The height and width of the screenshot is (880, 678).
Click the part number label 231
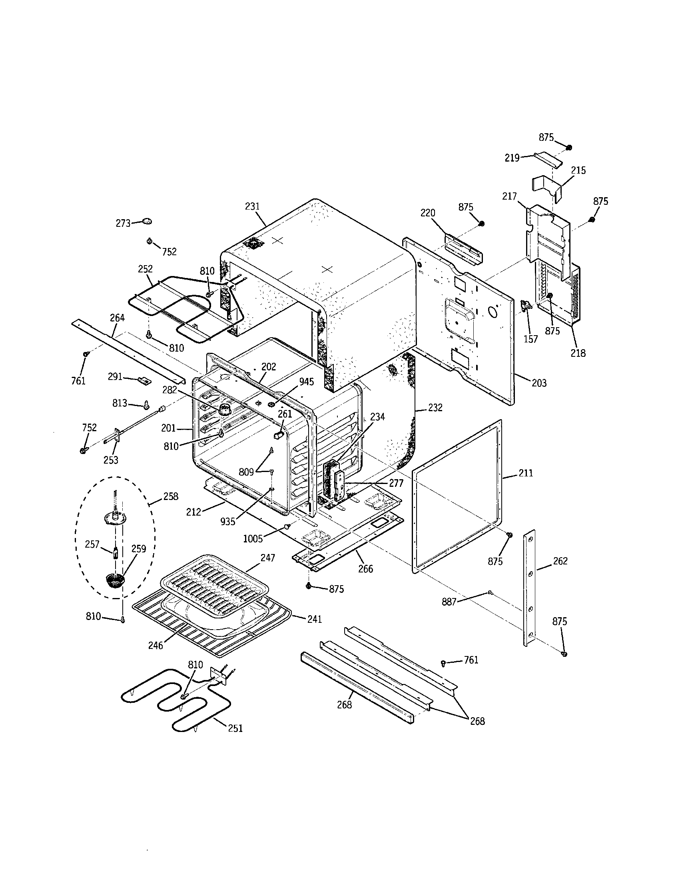click(252, 206)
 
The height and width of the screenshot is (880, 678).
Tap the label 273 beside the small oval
click(123, 223)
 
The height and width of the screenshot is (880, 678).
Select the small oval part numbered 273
click(148, 221)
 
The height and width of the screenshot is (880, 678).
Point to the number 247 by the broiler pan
click(267, 558)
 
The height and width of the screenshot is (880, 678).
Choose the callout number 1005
click(253, 538)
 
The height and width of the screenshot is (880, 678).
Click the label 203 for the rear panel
click(539, 383)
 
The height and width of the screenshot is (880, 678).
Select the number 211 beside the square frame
click(526, 473)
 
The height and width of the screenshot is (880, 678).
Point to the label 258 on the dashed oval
click(171, 496)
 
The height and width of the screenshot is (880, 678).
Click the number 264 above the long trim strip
click(117, 318)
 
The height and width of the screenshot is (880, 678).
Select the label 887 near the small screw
click(449, 602)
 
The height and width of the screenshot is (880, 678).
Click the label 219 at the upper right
click(512, 158)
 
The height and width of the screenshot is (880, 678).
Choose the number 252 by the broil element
click(146, 269)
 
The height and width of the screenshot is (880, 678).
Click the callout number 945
click(306, 382)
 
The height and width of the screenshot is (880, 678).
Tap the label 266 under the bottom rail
click(365, 568)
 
